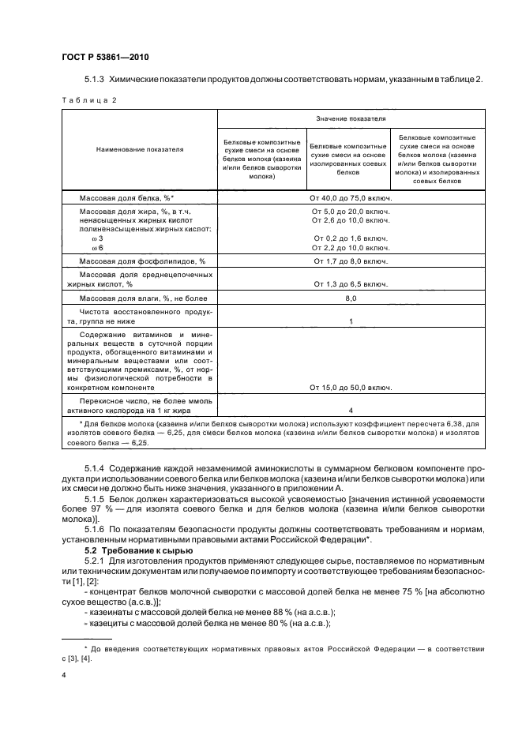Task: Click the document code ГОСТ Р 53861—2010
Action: pos(105,58)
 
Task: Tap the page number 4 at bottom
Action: pos(63,676)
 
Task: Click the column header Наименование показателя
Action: pos(139,148)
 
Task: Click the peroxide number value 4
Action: pos(351,410)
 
